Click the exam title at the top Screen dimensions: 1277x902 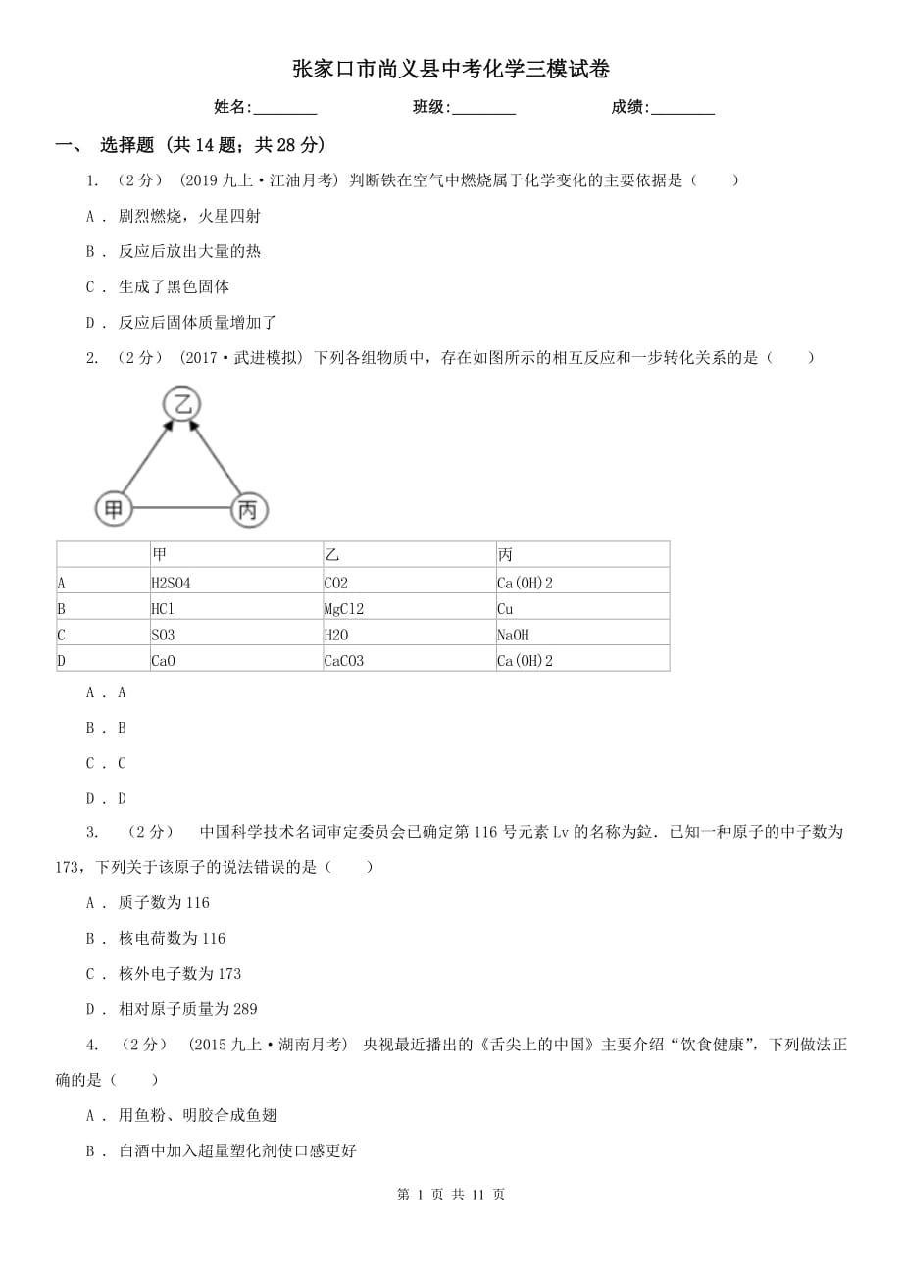coord(451,70)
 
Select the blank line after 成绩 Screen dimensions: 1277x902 coord(682,109)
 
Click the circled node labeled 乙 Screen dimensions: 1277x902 coord(181,404)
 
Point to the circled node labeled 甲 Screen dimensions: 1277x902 coord(114,508)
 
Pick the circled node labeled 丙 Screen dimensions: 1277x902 coord(248,509)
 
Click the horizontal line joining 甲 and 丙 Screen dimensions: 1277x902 coord(180,508)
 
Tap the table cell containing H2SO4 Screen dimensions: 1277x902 coord(235,582)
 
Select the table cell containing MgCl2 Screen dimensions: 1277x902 coord(409,608)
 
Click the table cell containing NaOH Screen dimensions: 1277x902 coord(582,635)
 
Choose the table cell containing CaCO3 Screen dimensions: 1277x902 coord(409,660)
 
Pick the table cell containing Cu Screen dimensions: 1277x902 coord(582,608)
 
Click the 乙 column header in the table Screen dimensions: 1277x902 coord(409,555)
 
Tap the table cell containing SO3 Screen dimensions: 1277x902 coord(235,635)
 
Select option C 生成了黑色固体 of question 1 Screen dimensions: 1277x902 coord(174,286)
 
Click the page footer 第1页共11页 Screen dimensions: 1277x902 coord(451,1194)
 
